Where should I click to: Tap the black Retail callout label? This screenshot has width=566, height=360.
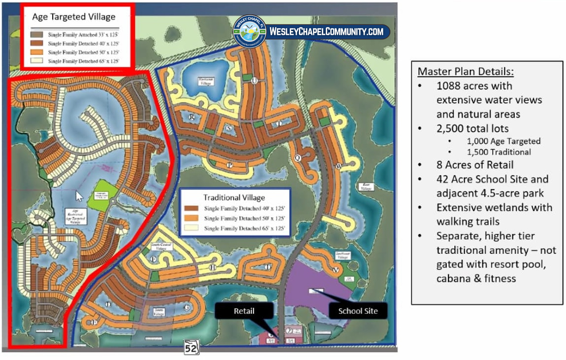click(x=244, y=311)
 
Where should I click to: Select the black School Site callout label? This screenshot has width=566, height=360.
click(x=358, y=311)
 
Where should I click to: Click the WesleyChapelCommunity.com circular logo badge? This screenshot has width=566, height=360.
click(x=250, y=31)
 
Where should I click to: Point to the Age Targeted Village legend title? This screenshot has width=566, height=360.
click(x=74, y=16)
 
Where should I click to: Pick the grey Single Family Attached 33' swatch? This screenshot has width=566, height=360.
click(x=36, y=35)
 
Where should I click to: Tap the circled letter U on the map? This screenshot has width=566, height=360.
click(x=254, y=81)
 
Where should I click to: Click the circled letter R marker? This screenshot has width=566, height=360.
click(x=192, y=117)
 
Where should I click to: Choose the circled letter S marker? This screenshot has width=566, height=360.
click(x=228, y=128)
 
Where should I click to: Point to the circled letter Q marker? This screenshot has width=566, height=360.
click(x=297, y=158)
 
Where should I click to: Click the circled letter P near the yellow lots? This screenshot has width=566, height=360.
click(x=229, y=165)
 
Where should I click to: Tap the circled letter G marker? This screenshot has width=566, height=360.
click(x=186, y=308)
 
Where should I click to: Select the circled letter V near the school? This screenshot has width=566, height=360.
click(x=336, y=270)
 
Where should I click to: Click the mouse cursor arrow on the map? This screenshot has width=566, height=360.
click(x=79, y=196)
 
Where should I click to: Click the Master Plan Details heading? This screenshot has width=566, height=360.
click(x=466, y=72)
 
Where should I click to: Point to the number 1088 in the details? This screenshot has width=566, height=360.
click(x=449, y=86)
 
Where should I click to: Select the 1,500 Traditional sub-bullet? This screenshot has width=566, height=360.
click(x=498, y=152)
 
